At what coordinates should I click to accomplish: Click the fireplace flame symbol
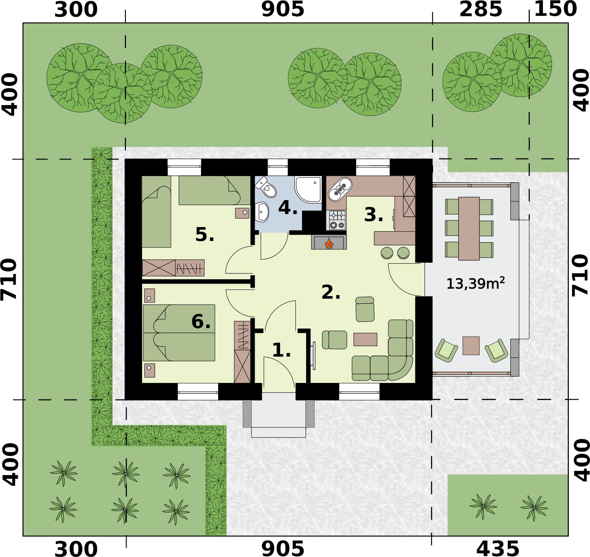coord(329,243)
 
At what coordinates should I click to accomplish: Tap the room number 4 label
coord(287,208)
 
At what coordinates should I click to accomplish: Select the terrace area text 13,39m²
coord(475,283)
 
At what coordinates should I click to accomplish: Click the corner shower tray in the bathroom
coord(308,189)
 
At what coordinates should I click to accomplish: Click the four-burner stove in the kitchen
coord(337,220)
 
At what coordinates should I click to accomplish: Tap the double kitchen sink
coord(340,189)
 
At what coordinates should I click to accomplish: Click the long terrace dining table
coord(469,228)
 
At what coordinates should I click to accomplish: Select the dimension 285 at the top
coord(480,10)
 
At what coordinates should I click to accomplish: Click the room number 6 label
coord(200,322)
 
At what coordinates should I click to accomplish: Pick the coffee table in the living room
coord(365,339)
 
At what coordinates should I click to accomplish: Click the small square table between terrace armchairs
coord(471,345)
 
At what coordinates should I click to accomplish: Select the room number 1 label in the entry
coord(281,350)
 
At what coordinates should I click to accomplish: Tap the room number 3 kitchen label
coord(373,215)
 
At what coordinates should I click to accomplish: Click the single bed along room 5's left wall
coord(156,211)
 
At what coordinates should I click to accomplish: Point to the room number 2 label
coord(330,292)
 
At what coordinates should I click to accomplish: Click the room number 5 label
coord(204,235)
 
